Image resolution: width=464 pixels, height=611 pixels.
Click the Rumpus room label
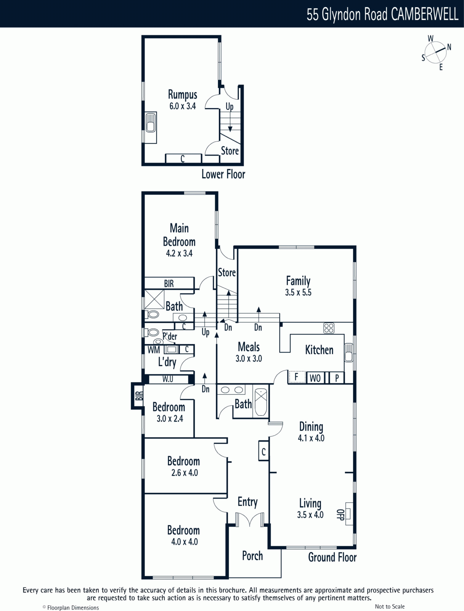coord(183,95)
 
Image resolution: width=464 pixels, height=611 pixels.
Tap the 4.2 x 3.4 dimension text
coord(179,253)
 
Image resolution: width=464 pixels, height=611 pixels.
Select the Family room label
coord(298,281)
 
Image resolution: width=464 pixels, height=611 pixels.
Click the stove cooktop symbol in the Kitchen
coord(329,328)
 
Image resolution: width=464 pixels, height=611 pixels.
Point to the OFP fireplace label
coord(340,514)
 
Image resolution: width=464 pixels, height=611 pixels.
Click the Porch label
coord(252,556)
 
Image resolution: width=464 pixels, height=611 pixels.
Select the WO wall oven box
coord(315,378)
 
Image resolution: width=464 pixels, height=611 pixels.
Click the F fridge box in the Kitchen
coord(297,377)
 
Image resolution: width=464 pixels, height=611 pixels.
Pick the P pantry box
coord(337,378)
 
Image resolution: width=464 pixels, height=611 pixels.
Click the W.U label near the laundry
coord(168,379)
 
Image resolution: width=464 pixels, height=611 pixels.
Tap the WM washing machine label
coord(154,350)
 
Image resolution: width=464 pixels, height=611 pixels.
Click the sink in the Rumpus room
coord(151,123)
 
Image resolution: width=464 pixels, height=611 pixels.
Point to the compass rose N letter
coord(449,47)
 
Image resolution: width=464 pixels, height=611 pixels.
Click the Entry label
coord(247,502)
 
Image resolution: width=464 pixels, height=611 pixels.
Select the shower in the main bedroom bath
coord(154,299)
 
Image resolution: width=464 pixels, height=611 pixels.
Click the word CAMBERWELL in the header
coord(425,14)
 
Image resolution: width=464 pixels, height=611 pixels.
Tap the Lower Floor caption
coord(223,174)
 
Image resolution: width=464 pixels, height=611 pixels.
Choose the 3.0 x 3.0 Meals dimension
coord(249,359)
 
